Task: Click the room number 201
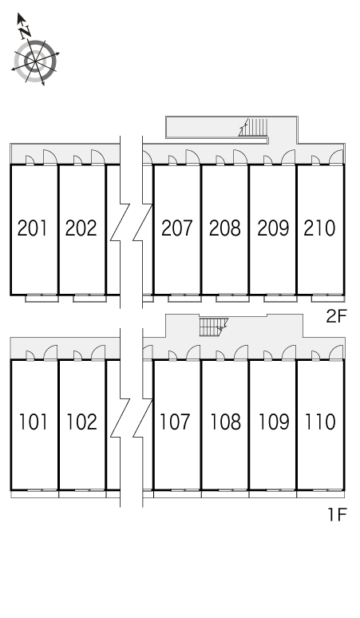[x=32, y=228]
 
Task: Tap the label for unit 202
[x=81, y=228]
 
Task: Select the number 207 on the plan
[x=177, y=228]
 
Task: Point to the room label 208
[x=224, y=228]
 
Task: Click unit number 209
[x=273, y=228]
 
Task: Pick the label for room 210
[x=319, y=228]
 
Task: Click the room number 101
[x=34, y=422]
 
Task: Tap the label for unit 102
[x=81, y=422]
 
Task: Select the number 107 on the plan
[x=175, y=422]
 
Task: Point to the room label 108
[x=225, y=422]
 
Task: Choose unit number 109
[x=274, y=422]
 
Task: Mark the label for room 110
[x=320, y=422]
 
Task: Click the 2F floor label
[x=336, y=316]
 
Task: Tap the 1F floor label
[x=337, y=514]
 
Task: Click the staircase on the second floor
[x=253, y=127]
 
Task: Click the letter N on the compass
[x=26, y=31]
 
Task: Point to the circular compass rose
[x=35, y=61]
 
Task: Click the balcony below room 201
[x=42, y=299]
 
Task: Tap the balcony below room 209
[x=280, y=299]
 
